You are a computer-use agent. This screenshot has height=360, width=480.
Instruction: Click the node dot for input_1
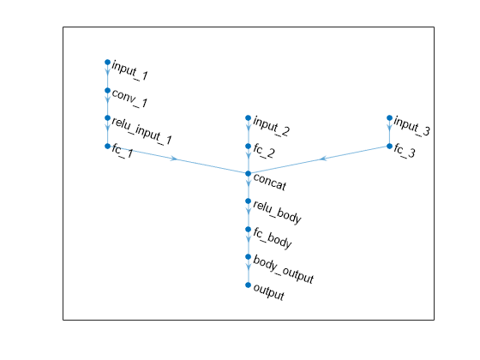click(x=107, y=63)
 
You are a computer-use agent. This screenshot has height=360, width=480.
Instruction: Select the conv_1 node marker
click(x=107, y=90)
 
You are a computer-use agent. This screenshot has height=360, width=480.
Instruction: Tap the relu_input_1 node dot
click(x=107, y=118)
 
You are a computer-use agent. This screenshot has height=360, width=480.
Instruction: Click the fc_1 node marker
click(x=107, y=146)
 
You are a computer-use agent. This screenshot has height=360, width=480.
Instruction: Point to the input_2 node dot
click(x=248, y=118)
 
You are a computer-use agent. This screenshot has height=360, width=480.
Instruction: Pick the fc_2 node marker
click(x=248, y=146)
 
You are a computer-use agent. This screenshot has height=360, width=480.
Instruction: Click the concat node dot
click(x=248, y=174)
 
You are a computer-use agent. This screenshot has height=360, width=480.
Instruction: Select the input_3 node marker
click(x=389, y=118)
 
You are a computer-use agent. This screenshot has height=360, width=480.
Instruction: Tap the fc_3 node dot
click(x=389, y=146)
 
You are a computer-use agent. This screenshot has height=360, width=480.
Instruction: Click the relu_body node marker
click(x=248, y=201)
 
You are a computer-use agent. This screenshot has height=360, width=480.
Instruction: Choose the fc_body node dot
click(x=248, y=229)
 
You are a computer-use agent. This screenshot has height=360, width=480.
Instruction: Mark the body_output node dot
click(x=248, y=257)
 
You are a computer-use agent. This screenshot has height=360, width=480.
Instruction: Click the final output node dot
click(x=248, y=285)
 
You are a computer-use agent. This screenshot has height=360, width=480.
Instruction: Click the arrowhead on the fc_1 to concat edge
click(x=175, y=159)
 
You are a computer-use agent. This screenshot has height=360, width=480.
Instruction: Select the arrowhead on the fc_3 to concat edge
click(x=322, y=159)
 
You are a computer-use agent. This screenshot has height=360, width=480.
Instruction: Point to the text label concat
click(x=269, y=183)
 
